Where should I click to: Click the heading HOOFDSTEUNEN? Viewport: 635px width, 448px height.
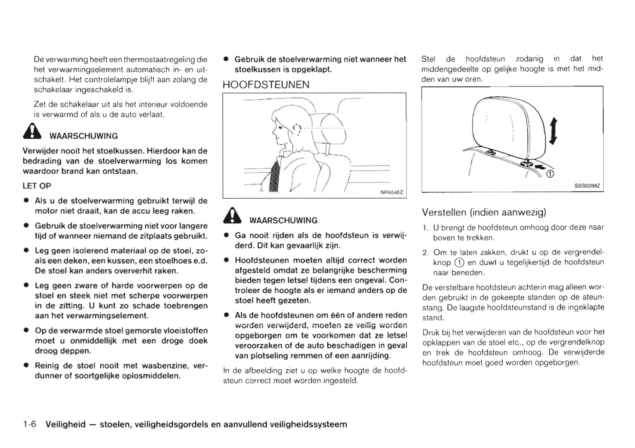coord(266,85)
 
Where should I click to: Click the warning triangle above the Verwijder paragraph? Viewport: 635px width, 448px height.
coord(33,132)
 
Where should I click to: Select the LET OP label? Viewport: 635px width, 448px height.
coord(37,186)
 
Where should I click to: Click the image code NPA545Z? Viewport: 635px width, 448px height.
coord(391,192)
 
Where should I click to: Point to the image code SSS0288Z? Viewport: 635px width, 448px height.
coord(587,186)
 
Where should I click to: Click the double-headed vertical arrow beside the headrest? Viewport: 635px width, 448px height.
coord(553,131)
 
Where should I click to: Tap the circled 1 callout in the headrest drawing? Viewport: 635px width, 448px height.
coord(549,174)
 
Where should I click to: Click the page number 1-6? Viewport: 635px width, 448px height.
coord(30,424)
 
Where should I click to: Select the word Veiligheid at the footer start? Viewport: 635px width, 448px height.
coord(65,424)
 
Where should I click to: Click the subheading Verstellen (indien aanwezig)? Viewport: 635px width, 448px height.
coord(484,212)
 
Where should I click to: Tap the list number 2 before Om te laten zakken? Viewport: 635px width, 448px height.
coord(425,252)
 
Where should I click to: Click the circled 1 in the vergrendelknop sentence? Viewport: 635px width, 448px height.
coord(459,262)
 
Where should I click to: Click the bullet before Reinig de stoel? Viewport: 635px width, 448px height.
coord(26,365)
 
